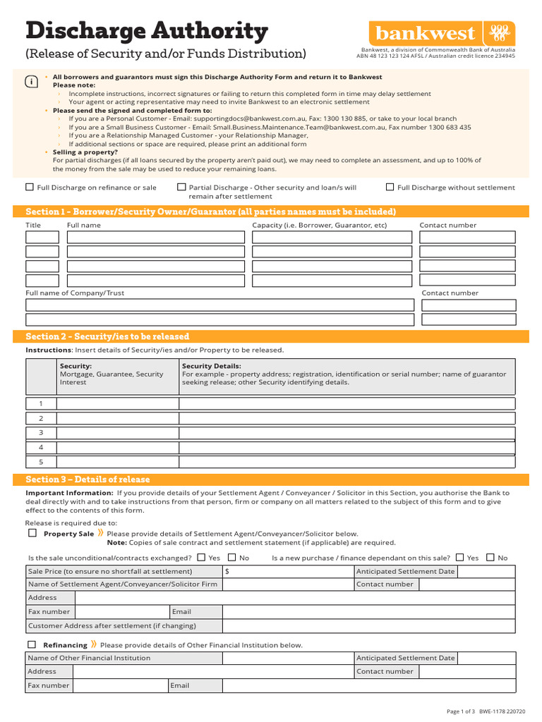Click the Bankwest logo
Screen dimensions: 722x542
coord(441,33)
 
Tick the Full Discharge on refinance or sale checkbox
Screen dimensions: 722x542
coord(29,187)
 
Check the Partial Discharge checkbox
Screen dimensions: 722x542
coord(181,187)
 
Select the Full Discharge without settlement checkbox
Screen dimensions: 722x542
coord(390,187)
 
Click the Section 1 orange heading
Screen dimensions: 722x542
coord(210,212)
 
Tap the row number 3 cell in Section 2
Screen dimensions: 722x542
coord(41,432)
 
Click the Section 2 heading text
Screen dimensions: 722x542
coord(107,336)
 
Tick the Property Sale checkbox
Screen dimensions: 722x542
coord(32,533)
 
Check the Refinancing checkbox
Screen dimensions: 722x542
coord(32,644)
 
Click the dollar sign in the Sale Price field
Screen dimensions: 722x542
coord(227,571)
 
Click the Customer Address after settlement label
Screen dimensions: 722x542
coord(112,625)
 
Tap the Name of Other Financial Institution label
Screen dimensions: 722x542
coord(89,658)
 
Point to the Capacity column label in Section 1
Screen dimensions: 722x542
coord(320,225)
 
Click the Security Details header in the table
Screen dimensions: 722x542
coord(211,366)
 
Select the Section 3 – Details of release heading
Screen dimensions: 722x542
coord(88,479)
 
